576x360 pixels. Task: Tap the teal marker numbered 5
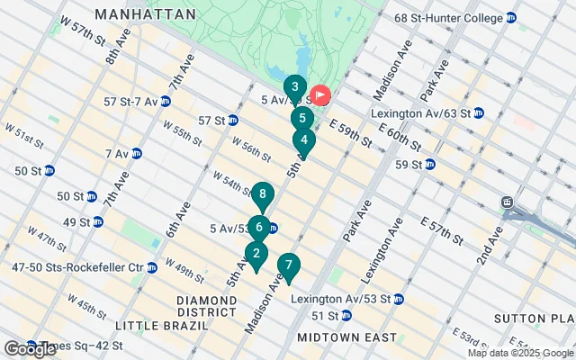click(302, 118)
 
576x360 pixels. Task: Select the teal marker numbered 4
click(304, 140)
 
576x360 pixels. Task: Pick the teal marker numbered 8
click(262, 193)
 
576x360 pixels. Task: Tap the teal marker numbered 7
click(288, 265)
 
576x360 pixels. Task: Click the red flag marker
click(321, 94)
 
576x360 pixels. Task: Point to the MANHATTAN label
click(145, 15)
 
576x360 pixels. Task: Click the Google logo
click(30, 349)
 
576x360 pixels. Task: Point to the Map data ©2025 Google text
click(520, 353)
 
